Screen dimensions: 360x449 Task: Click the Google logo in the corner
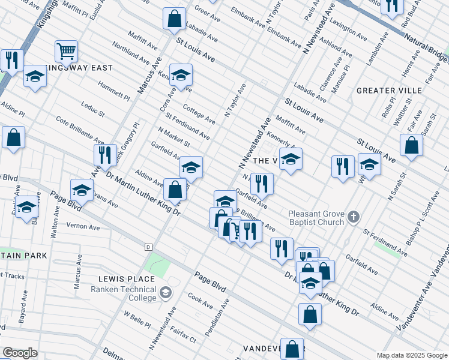20,353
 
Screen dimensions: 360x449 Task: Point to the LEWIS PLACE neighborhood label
127,279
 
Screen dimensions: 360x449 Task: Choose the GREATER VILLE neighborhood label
389,91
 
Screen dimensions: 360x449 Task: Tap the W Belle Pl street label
137,319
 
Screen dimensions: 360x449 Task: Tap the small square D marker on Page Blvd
148,247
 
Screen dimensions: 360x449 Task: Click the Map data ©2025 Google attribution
412,355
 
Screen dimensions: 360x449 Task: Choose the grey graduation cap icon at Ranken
165,293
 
